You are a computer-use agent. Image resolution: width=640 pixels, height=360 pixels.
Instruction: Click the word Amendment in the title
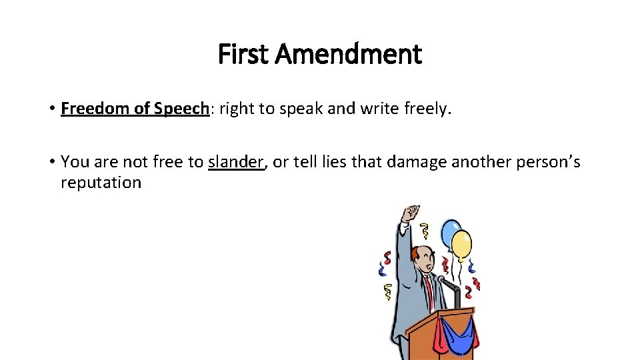(347, 55)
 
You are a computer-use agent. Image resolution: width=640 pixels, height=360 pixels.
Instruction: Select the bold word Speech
(181, 109)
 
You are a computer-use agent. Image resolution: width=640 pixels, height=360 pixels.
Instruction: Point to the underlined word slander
(236, 161)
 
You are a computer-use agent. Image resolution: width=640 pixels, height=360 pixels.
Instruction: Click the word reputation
(101, 183)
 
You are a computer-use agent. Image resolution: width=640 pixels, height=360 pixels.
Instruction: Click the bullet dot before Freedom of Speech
(51, 109)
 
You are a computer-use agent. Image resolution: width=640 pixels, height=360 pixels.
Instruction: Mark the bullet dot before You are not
(51, 161)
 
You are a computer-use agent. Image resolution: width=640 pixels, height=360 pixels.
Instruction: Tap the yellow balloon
(461, 243)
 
